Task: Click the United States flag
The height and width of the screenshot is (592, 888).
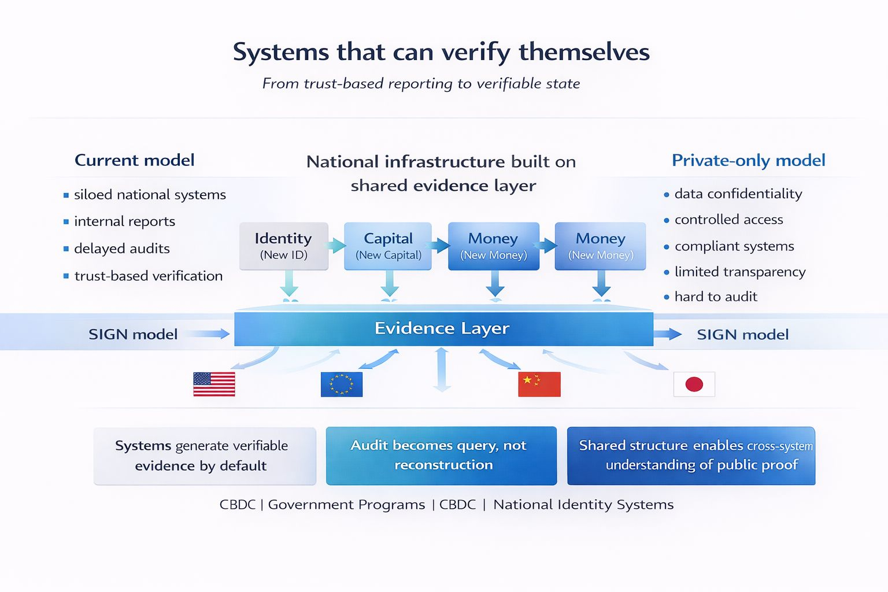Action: [214, 384]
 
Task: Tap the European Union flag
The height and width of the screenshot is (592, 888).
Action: [342, 384]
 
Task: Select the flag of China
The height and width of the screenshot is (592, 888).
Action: [539, 384]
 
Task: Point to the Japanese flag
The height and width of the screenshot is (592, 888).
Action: [694, 384]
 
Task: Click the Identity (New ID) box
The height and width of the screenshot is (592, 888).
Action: [284, 246]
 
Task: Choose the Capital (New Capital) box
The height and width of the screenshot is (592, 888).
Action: [388, 246]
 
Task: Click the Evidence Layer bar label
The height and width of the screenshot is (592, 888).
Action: [442, 328]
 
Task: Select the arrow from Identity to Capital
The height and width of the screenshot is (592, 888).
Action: [336, 245]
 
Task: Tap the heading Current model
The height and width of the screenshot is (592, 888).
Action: [135, 160]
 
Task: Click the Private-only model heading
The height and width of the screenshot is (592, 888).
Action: [748, 160]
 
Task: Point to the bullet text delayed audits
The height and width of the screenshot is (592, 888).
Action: [122, 249]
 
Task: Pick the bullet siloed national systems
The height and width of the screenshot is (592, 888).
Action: [150, 195]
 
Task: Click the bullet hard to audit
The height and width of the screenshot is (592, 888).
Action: [716, 297]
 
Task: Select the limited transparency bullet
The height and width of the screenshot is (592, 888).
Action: [740, 272]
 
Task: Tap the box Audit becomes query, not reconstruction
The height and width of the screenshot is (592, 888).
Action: [441, 456]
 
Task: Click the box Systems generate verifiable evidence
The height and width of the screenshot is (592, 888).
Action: [205, 456]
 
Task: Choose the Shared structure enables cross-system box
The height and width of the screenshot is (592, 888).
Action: [691, 456]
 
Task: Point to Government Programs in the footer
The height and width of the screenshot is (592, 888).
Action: [346, 505]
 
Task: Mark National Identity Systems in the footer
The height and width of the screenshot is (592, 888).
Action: [583, 505]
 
